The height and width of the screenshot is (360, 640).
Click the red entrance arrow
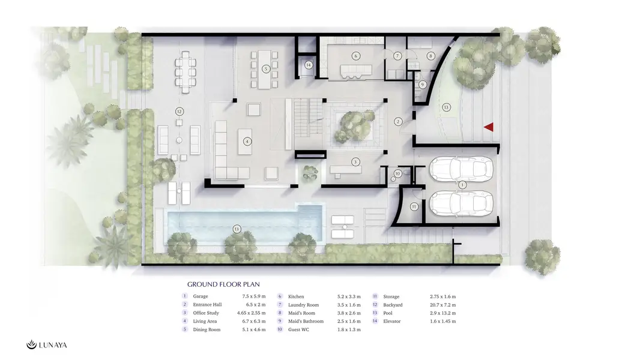[489, 127]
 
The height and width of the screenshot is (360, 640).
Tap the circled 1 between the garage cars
[462, 185]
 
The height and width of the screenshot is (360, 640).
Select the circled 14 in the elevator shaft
[309, 65]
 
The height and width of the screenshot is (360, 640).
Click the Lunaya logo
[47, 345]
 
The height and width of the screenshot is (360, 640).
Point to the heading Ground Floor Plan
[223, 284]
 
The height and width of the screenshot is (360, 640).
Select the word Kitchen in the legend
[296, 296]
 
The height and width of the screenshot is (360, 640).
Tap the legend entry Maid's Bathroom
[306, 321]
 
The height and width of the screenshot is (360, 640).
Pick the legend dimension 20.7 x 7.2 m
[442, 305]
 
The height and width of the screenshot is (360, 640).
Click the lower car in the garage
[461, 203]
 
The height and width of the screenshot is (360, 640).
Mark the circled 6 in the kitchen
[356, 56]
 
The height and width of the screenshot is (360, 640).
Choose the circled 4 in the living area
[247, 142]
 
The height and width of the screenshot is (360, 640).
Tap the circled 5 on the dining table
[266, 69]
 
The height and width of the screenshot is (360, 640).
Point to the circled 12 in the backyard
[179, 112]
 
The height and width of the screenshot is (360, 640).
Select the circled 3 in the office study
[355, 162]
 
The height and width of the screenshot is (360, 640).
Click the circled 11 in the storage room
[414, 207]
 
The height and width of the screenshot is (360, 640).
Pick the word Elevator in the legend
[392, 321]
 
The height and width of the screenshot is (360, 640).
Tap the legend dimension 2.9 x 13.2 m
[442, 313]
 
